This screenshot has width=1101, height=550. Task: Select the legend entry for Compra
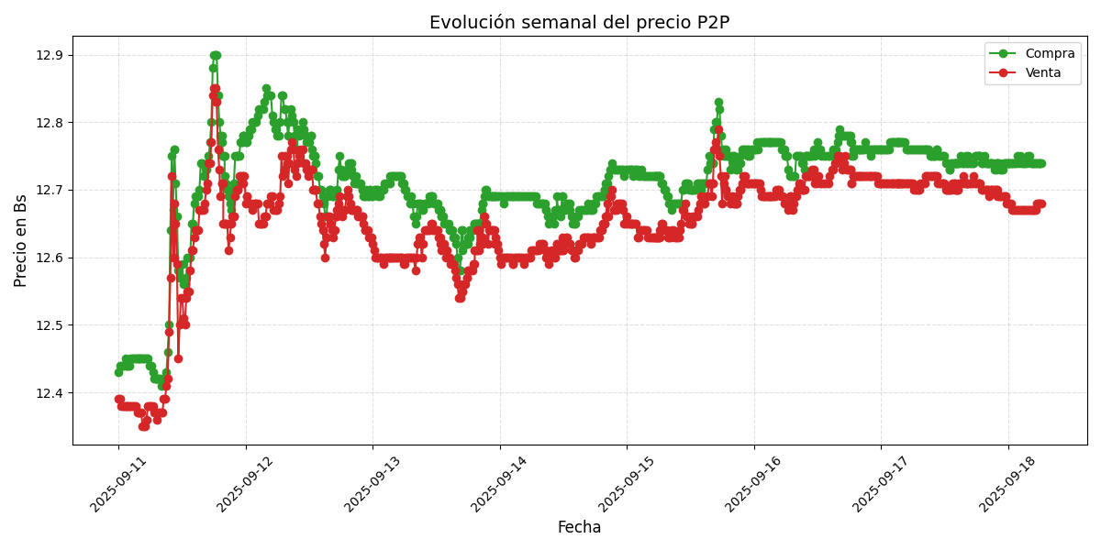pyautogui.click(x=1042, y=54)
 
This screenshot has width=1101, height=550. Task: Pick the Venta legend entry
pyautogui.click(x=1042, y=72)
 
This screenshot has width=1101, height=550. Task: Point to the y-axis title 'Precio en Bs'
pyautogui.click(x=21, y=240)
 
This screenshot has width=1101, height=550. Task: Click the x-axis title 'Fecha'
pyautogui.click(x=579, y=527)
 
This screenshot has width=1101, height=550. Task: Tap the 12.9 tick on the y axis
pyautogui.click(x=50, y=56)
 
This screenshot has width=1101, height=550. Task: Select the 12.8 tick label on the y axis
pyautogui.click(x=50, y=123)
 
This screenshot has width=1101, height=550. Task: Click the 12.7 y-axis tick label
pyautogui.click(x=50, y=191)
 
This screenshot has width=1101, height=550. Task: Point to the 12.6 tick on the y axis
pyautogui.click(x=50, y=258)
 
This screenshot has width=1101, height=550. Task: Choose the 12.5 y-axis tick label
pyautogui.click(x=50, y=325)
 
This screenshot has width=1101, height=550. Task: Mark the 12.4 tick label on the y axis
pyautogui.click(x=50, y=393)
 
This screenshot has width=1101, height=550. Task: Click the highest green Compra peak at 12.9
pyautogui.click(x=215, y=56)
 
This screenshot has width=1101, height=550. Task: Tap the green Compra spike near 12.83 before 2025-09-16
pyautogui.click(x=718, y=103)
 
